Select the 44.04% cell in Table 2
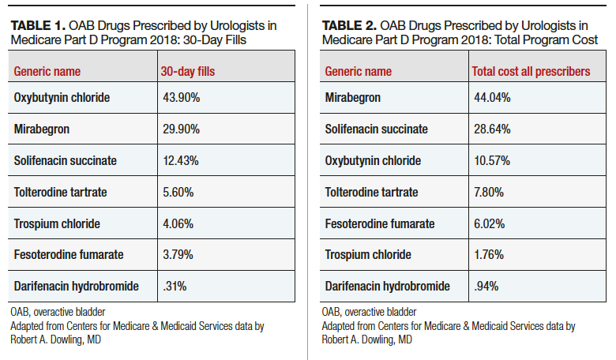[490, 97]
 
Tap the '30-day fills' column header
[188, 71]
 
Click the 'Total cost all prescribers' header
[531, 71]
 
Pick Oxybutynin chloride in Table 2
[374, 160]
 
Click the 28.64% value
[490, 129]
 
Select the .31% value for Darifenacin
[173, 286]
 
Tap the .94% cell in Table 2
[484, 286]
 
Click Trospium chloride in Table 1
[57, 223]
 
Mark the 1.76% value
[488, 254]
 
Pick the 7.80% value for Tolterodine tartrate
[488, 192]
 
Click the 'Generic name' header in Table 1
[47, 71]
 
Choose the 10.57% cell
[490, 160]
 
